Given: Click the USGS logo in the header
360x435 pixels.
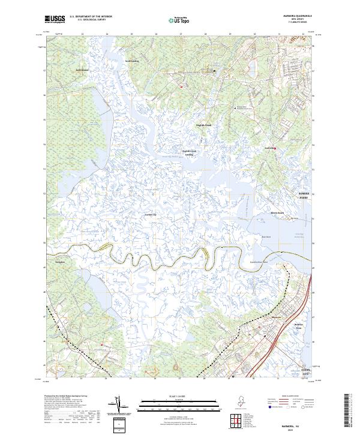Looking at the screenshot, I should [x=55, y=20].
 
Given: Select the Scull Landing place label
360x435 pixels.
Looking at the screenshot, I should [x=132, y=61].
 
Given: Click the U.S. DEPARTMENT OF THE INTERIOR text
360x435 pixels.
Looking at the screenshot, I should [x=90, y=17].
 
